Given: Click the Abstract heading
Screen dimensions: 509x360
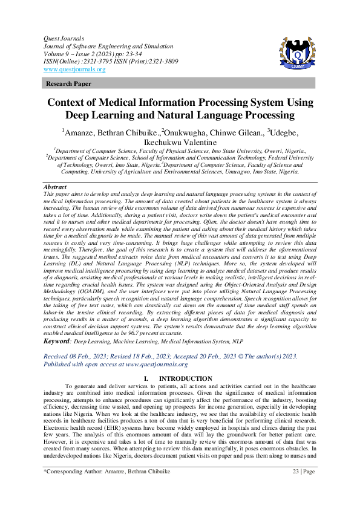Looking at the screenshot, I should point(55,188).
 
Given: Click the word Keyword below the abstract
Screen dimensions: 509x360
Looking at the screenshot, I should point(57,342).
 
